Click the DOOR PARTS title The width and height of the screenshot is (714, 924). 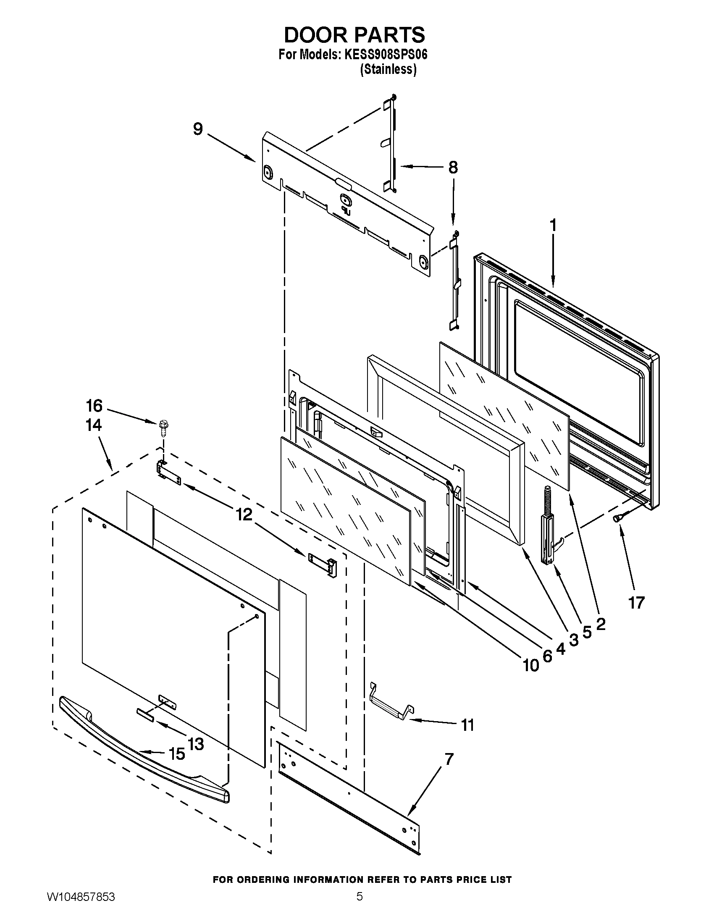[354, 35]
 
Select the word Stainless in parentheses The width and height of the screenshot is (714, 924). [388, 69]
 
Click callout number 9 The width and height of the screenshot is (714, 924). [197, 129]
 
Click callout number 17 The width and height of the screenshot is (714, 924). [636, 602]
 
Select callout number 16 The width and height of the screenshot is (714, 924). [94, 406]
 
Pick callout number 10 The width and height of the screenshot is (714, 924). [531, 666]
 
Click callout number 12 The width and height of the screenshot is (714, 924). [244, 514]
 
